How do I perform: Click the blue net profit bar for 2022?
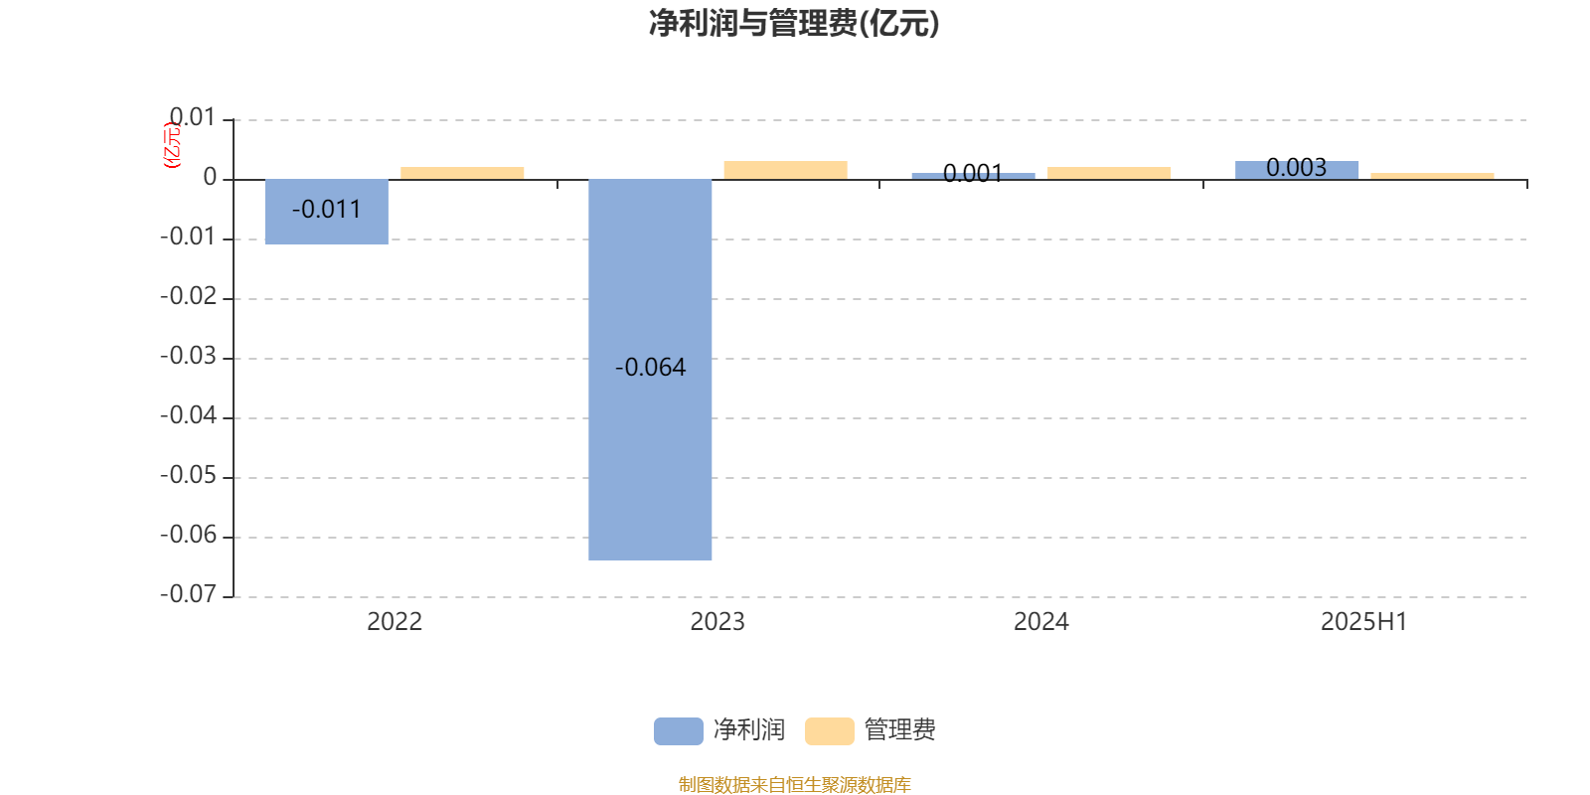[327, 212]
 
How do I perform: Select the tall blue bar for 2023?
[650, 370]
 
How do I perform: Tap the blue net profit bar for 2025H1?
[1297, 170]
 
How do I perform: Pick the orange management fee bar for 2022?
[462, 173]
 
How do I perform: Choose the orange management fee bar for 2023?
[786, 170]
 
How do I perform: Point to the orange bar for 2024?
[1109, 173]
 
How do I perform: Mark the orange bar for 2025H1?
[1432, 176]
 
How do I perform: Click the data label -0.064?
[650, 367]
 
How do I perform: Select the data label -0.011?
[327, 210]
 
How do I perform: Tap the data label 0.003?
[1296, 168]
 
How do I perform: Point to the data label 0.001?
[973, 173]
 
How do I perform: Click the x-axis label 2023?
[717, 622]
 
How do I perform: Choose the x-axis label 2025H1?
[1364, 622]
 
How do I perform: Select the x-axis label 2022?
[395, 622]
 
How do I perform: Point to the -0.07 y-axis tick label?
[189, 594]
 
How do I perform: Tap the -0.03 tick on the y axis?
[189, 356]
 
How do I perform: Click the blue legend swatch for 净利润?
[679, 731]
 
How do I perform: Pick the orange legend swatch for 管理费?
[830, 731]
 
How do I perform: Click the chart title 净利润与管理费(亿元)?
[794, 24]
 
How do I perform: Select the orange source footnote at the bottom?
[795, 784]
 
